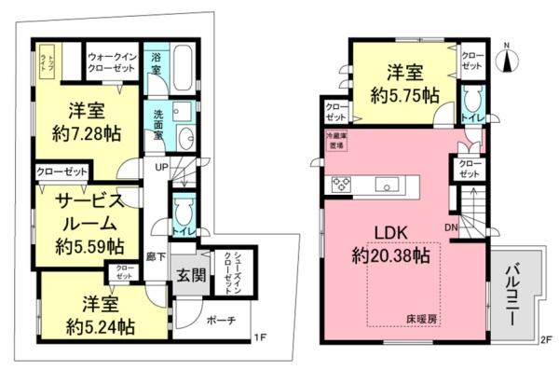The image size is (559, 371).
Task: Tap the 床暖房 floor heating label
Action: tap(421, 319)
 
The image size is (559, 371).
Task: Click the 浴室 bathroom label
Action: tap(157, 62)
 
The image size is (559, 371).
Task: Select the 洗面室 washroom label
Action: tap(158, 124)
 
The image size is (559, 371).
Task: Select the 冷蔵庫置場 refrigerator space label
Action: tap(333, 142)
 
